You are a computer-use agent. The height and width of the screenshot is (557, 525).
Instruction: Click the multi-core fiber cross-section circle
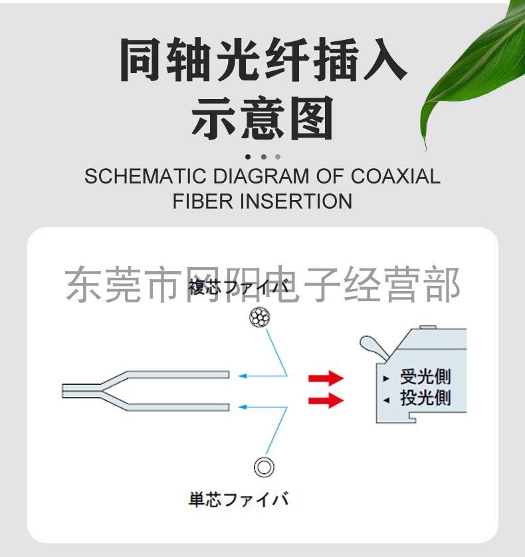coord(260,318)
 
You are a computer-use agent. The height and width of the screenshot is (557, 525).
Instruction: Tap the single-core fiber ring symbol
coord(264,467)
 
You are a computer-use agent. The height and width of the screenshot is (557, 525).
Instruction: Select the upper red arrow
coord(326,378)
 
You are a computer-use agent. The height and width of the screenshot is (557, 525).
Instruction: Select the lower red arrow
coord(326,400)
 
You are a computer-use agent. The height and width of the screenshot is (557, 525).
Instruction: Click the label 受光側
coord(425,377)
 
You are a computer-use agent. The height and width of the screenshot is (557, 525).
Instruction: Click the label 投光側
coord(425,398)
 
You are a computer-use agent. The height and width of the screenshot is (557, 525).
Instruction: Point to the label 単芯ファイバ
coord(239,499)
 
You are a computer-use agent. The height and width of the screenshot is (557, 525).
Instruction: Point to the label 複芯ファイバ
coord(239,288)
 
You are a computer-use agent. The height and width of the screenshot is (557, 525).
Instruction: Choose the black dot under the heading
coord(248,158)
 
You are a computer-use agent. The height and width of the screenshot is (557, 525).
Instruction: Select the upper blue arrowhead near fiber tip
coord(243,376)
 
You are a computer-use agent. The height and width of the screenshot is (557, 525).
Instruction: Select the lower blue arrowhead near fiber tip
coord(243,405)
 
